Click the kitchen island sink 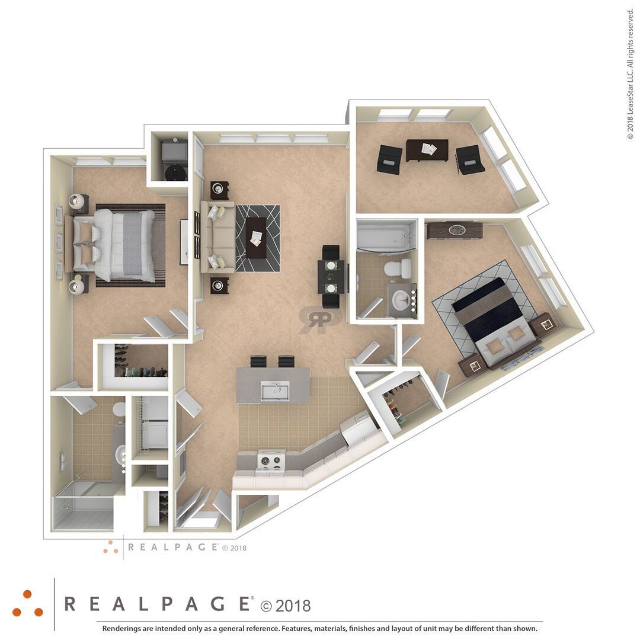275,391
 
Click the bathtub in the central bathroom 385,236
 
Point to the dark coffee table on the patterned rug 257,238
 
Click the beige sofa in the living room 217,237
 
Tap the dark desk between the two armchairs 427,150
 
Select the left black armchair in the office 390,159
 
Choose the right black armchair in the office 469,159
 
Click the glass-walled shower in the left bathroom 84,505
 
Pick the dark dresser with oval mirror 455,231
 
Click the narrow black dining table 331,276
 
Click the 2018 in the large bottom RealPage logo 293,605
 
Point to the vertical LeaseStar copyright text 631,75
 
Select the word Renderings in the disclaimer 121,629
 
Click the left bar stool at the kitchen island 258,361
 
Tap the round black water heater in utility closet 175,172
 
